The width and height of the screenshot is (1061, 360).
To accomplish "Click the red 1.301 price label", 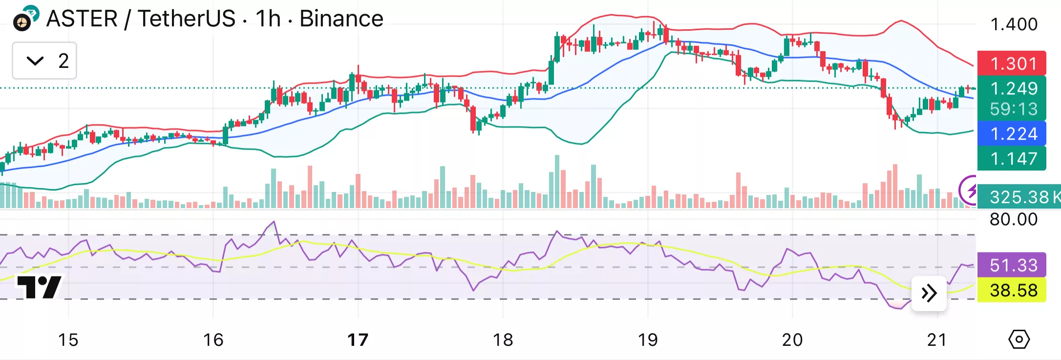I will [1012, 64].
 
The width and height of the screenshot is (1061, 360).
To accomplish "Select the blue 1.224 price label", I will [1012, 134].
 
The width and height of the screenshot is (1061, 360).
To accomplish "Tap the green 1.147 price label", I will [1012, 159].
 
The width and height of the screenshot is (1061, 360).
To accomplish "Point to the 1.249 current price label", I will [1012, 88].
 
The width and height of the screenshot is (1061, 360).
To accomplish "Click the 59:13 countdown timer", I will [1012, 109].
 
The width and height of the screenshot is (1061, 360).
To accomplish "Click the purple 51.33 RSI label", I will [1012, 265].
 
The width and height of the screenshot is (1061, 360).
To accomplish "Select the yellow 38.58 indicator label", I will [1012, 291].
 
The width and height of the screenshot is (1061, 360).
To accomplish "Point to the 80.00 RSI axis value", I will [1014, 219].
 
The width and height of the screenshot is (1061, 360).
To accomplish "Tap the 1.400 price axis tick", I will [1014, 24].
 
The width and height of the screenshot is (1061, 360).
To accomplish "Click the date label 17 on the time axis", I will [358, 339].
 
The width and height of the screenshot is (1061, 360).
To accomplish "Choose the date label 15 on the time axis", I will [68, 339].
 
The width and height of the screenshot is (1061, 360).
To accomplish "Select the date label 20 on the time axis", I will [792, 339].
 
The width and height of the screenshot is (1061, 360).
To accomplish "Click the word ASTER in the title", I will [82, 19].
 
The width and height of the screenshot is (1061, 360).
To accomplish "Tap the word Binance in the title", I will [341, 19].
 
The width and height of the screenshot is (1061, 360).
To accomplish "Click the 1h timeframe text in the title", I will [268, 19].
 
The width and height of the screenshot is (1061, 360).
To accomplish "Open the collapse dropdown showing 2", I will [44, 61].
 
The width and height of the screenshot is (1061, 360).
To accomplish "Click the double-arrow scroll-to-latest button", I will [929, 293].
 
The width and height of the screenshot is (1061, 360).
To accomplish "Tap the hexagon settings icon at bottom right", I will [1019, 339].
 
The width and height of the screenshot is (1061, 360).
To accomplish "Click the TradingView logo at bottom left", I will [39, 287].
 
